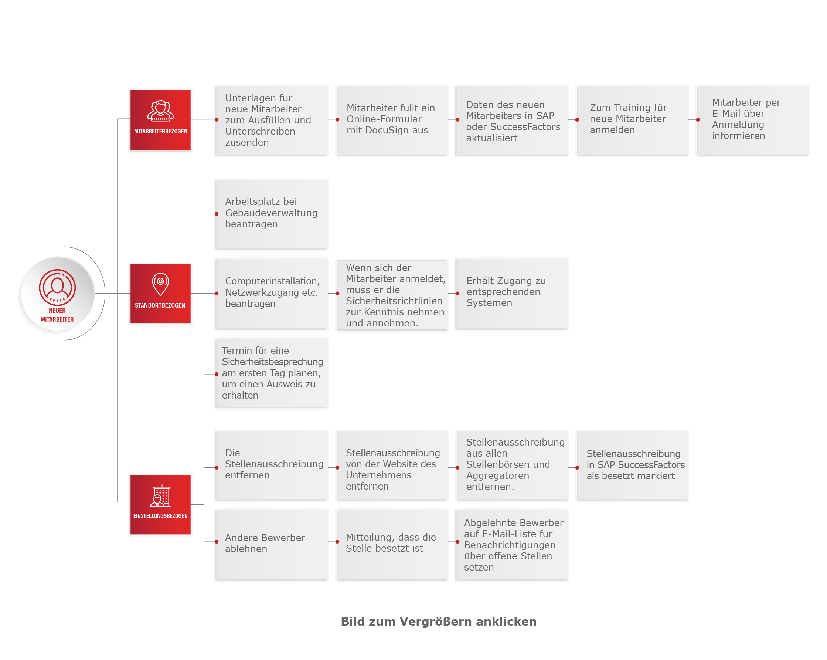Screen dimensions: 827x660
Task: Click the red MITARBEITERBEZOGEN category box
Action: (x=160, y=120)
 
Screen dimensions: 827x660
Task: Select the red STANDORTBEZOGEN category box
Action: (x=160, y=294)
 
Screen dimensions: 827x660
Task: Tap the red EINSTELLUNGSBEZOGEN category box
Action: (x=160, y=505)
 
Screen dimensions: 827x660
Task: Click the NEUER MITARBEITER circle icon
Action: (x=57, y=294)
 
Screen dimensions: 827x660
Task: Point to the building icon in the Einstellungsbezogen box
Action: (x=160, y=495)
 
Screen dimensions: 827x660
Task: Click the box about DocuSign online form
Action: (x=392, y=120)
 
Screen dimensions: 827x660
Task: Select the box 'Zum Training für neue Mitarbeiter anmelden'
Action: (x=632, y=120)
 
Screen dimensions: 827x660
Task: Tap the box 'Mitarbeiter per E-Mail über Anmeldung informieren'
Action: (x=753, y=120)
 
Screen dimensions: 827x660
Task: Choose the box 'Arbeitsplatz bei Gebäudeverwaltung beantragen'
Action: (x=272, y=214)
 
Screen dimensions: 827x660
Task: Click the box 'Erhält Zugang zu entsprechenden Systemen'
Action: (x=512, y=294)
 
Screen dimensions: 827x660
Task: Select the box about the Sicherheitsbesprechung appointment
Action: (x=272, y=373)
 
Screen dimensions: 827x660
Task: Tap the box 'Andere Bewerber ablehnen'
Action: (x=272, y=545)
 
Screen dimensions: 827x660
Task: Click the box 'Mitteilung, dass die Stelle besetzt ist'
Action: (x=392, y=545)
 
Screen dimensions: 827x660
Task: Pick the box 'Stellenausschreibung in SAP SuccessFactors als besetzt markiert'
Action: (x=632, y=465)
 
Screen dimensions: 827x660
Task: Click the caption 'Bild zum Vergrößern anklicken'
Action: (x=438, y=622)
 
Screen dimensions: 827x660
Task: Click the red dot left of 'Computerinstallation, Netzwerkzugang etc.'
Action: (x=217, y=294)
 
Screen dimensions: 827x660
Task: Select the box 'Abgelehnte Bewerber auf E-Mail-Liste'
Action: (x=512, y=545)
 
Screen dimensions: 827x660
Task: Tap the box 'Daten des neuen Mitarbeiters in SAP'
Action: (x=512, y=120)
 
